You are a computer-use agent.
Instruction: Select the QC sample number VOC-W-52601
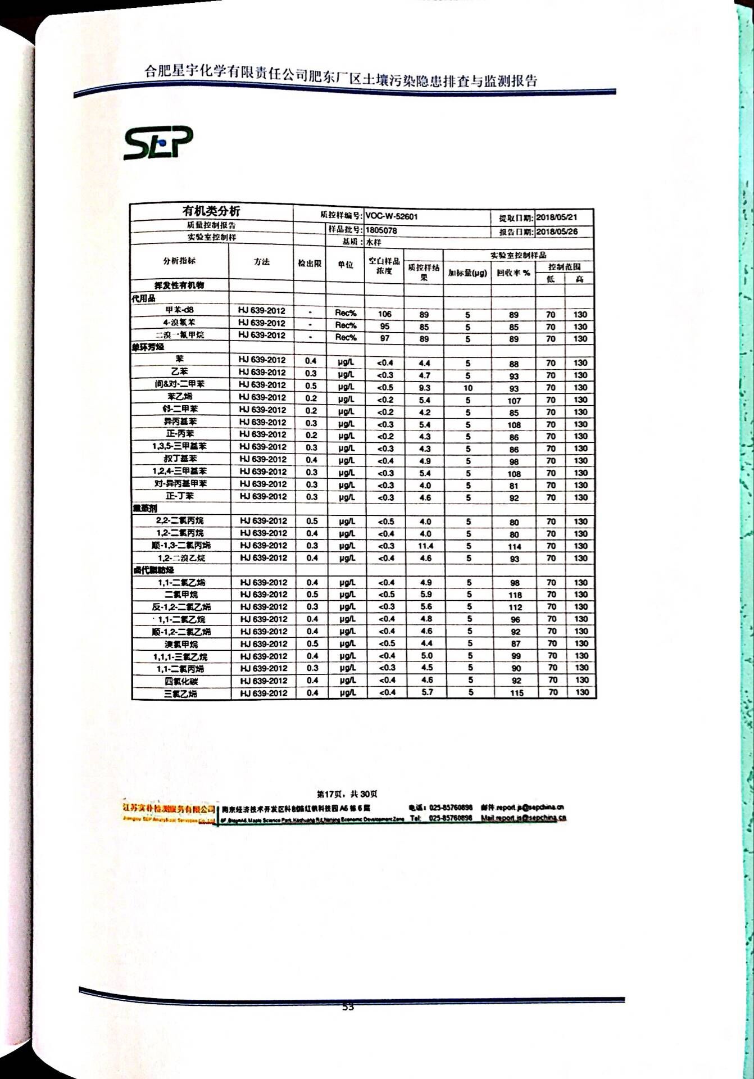[392, 216]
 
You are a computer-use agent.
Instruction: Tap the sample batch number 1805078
[381, 230]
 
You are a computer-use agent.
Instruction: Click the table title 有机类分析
[211, 211]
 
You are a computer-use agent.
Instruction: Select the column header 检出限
[310, 263]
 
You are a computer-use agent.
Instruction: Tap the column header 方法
[261, 262]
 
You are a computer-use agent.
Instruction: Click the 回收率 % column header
[513, 273]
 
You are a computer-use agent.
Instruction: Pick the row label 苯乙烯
[180, 397]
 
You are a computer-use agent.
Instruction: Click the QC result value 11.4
[425, 546]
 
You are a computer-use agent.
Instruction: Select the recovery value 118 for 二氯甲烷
[515, 595]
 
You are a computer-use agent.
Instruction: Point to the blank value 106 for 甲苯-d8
[384, 314]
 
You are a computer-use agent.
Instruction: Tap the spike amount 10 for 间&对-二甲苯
[467, 388]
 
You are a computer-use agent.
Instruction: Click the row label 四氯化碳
[181, 681]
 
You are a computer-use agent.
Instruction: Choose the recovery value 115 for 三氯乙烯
[516, 693]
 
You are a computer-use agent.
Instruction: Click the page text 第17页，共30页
[347, 794]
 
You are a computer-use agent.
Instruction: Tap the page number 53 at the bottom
[348, 1007]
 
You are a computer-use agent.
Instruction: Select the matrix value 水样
[374, 242]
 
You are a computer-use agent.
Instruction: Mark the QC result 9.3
[424, 388]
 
